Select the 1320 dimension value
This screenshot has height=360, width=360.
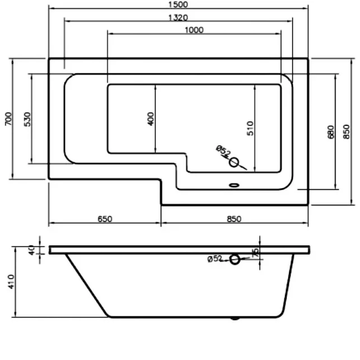click(177, 17)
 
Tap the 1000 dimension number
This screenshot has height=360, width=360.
click(193, 30)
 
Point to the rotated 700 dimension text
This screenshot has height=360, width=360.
click(8, 119)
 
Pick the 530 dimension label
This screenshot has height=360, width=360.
click(27, 119)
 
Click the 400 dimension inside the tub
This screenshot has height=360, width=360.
click(151, 119)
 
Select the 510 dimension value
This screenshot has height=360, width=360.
click(250, 128)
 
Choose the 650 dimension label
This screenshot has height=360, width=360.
click(105, 219)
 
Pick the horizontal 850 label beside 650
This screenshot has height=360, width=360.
click(235, 219)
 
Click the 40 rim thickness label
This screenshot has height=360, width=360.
click(31, 249)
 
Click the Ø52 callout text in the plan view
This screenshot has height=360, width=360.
click(222, 151)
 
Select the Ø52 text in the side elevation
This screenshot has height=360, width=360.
click(215, 259)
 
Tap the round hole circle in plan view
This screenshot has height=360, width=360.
click(235, 163)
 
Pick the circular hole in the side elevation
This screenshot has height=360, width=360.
click(235, 259)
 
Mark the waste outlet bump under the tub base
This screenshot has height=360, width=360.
click(235, 319)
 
